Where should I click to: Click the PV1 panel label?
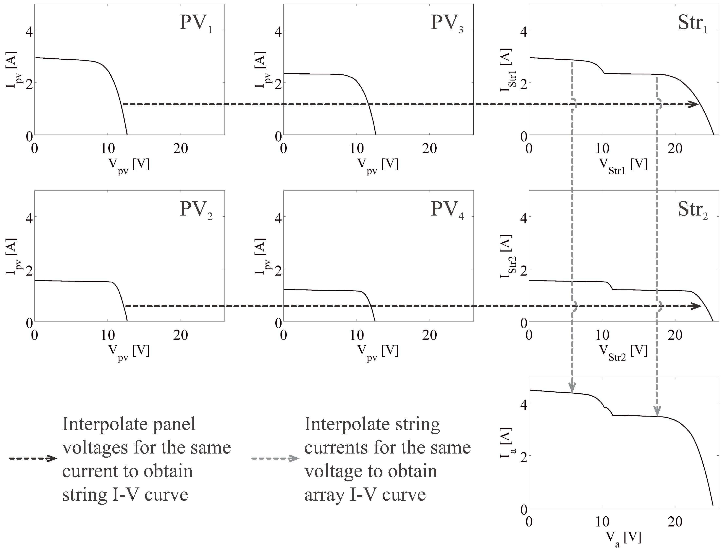click(195, 24)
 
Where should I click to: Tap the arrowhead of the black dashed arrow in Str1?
click(694, 105)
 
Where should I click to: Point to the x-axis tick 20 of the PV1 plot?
click(181, 149)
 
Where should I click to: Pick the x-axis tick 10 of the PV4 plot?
click(356, 335)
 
